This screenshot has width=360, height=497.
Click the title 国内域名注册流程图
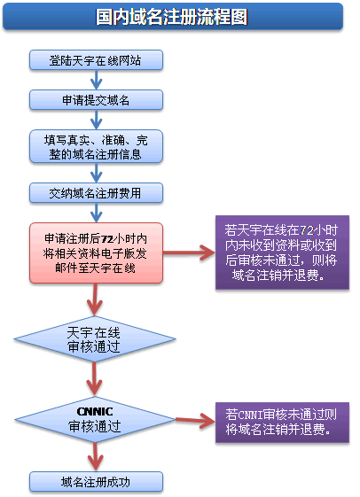(172, 17)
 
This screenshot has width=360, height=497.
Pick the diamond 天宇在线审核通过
(95, 339)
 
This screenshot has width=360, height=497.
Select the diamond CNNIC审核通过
(95, 418)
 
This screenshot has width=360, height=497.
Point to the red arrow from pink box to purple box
(189, 252)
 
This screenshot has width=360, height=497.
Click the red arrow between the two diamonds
(95, 378)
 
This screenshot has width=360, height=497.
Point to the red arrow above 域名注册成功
(95, 455)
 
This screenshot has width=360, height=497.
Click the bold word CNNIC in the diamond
(95, 410)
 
